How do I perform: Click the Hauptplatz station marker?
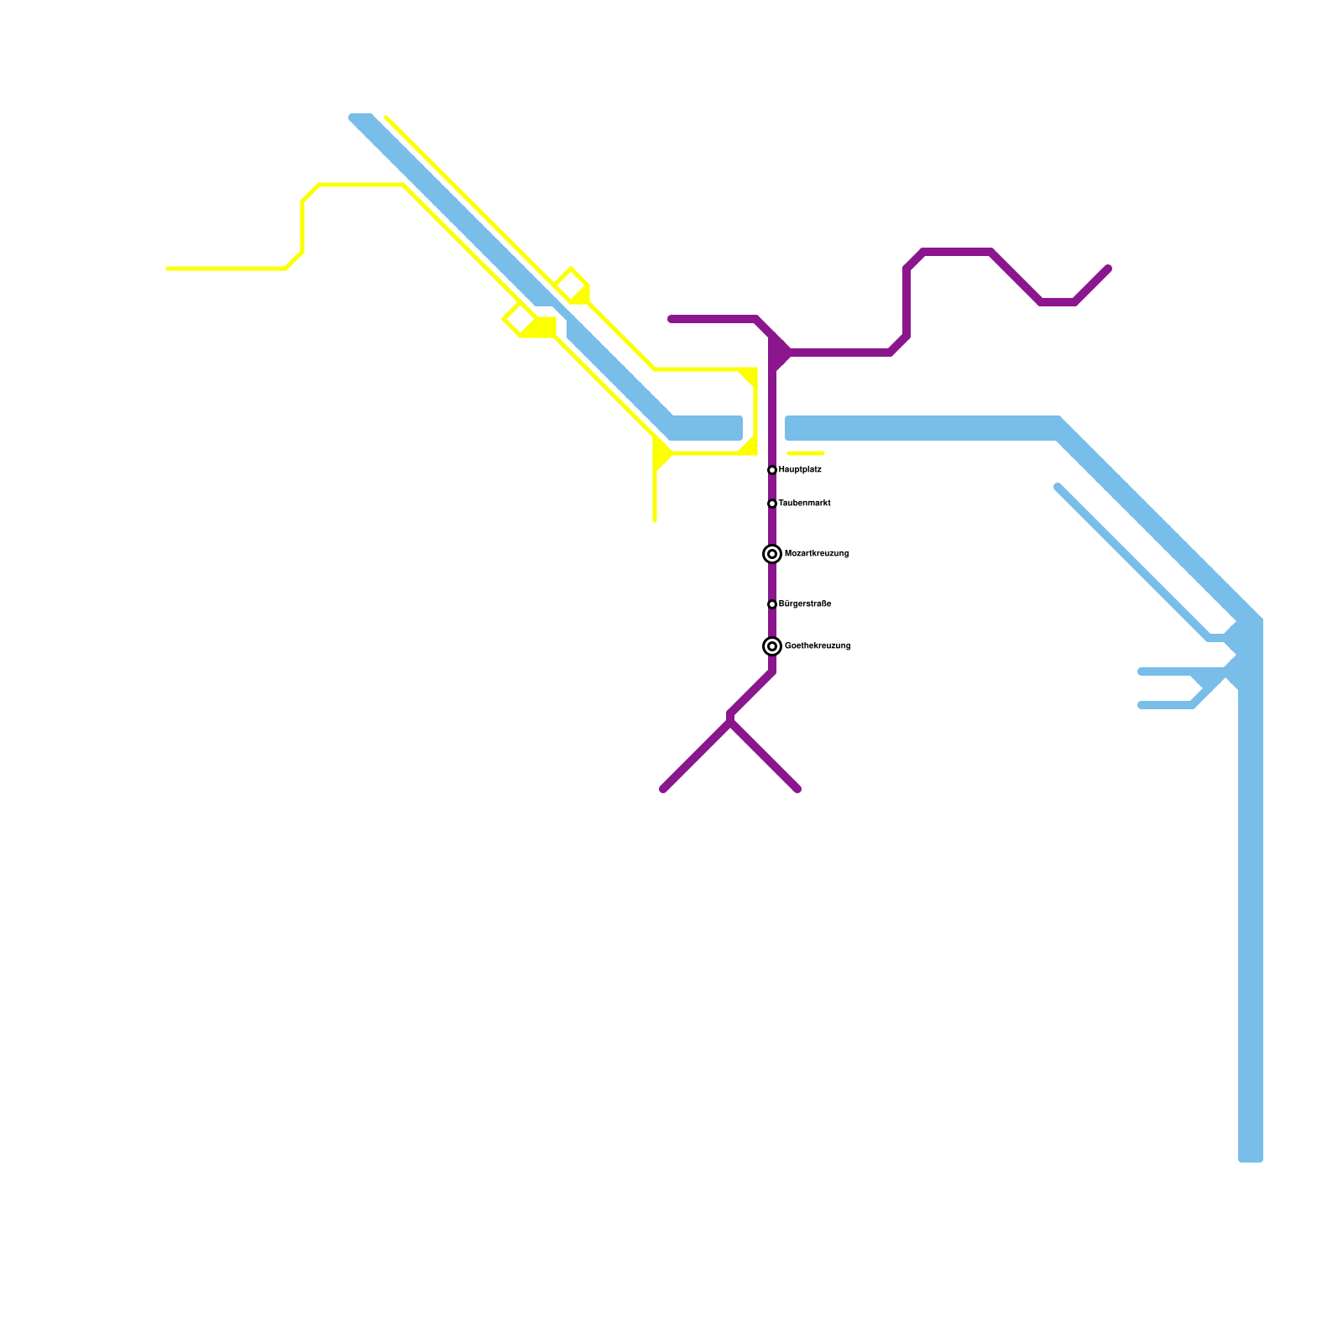(x=772, y=470)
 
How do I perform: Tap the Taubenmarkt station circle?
(x=772, y=504)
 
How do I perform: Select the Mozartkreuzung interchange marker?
(x=772, y=554)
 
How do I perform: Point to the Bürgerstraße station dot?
(x=772, y=604)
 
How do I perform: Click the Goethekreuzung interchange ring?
(x=772, y=646)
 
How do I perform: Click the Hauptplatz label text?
(x=800, y=470)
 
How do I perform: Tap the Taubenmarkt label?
(x=804, y=504)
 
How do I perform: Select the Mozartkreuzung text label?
(x=816, y=554)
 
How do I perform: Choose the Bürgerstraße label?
(x=804, y=604)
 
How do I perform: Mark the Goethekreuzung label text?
(x=817, y=646)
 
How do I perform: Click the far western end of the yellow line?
(x=169, y=269)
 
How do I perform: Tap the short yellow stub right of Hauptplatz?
(x=806, y=453)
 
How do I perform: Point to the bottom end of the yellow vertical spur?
(x=655, y=520)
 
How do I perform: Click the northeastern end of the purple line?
(x=1108, y=269)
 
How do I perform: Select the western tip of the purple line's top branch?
(x=671, y=319)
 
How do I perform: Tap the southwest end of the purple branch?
(x=664, y=789)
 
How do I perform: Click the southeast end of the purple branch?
(x=797, y=789)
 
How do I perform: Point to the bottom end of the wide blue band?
(x=1251, y=1158)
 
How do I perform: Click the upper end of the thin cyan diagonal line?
(x=1058, y=487)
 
